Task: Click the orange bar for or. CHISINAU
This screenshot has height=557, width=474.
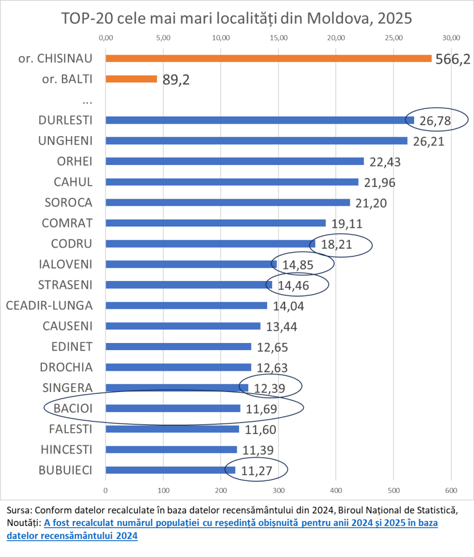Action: [268, 58]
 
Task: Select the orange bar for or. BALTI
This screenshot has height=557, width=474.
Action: [131, 79]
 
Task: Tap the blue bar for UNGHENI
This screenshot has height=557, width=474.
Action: [256, 140]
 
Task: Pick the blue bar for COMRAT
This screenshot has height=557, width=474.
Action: [216, 223]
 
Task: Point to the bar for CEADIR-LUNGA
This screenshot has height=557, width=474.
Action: [186, 305]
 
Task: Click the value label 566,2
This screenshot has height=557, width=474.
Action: [453, 59]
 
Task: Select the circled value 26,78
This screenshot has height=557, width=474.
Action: [435, 121]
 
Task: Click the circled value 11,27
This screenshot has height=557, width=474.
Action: [256, 470]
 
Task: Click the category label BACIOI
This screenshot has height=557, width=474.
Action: [72, 408]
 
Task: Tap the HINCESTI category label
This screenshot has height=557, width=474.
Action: [66, 449]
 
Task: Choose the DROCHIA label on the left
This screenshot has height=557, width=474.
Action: [66, 367]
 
